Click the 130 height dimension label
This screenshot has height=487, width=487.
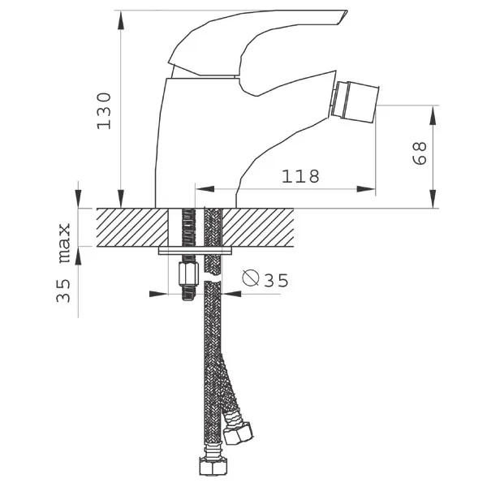coord(104,111)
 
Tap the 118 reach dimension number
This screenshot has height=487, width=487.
coord(300,176)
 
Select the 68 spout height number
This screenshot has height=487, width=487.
coord(420,153)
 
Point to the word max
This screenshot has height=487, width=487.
coord(65,243)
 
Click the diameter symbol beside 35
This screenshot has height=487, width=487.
coord(250,278)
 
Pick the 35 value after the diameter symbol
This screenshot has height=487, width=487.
coord(276,280)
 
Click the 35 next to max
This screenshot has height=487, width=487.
coord(63,291)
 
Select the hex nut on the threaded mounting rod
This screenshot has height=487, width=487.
coord(188,274)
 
